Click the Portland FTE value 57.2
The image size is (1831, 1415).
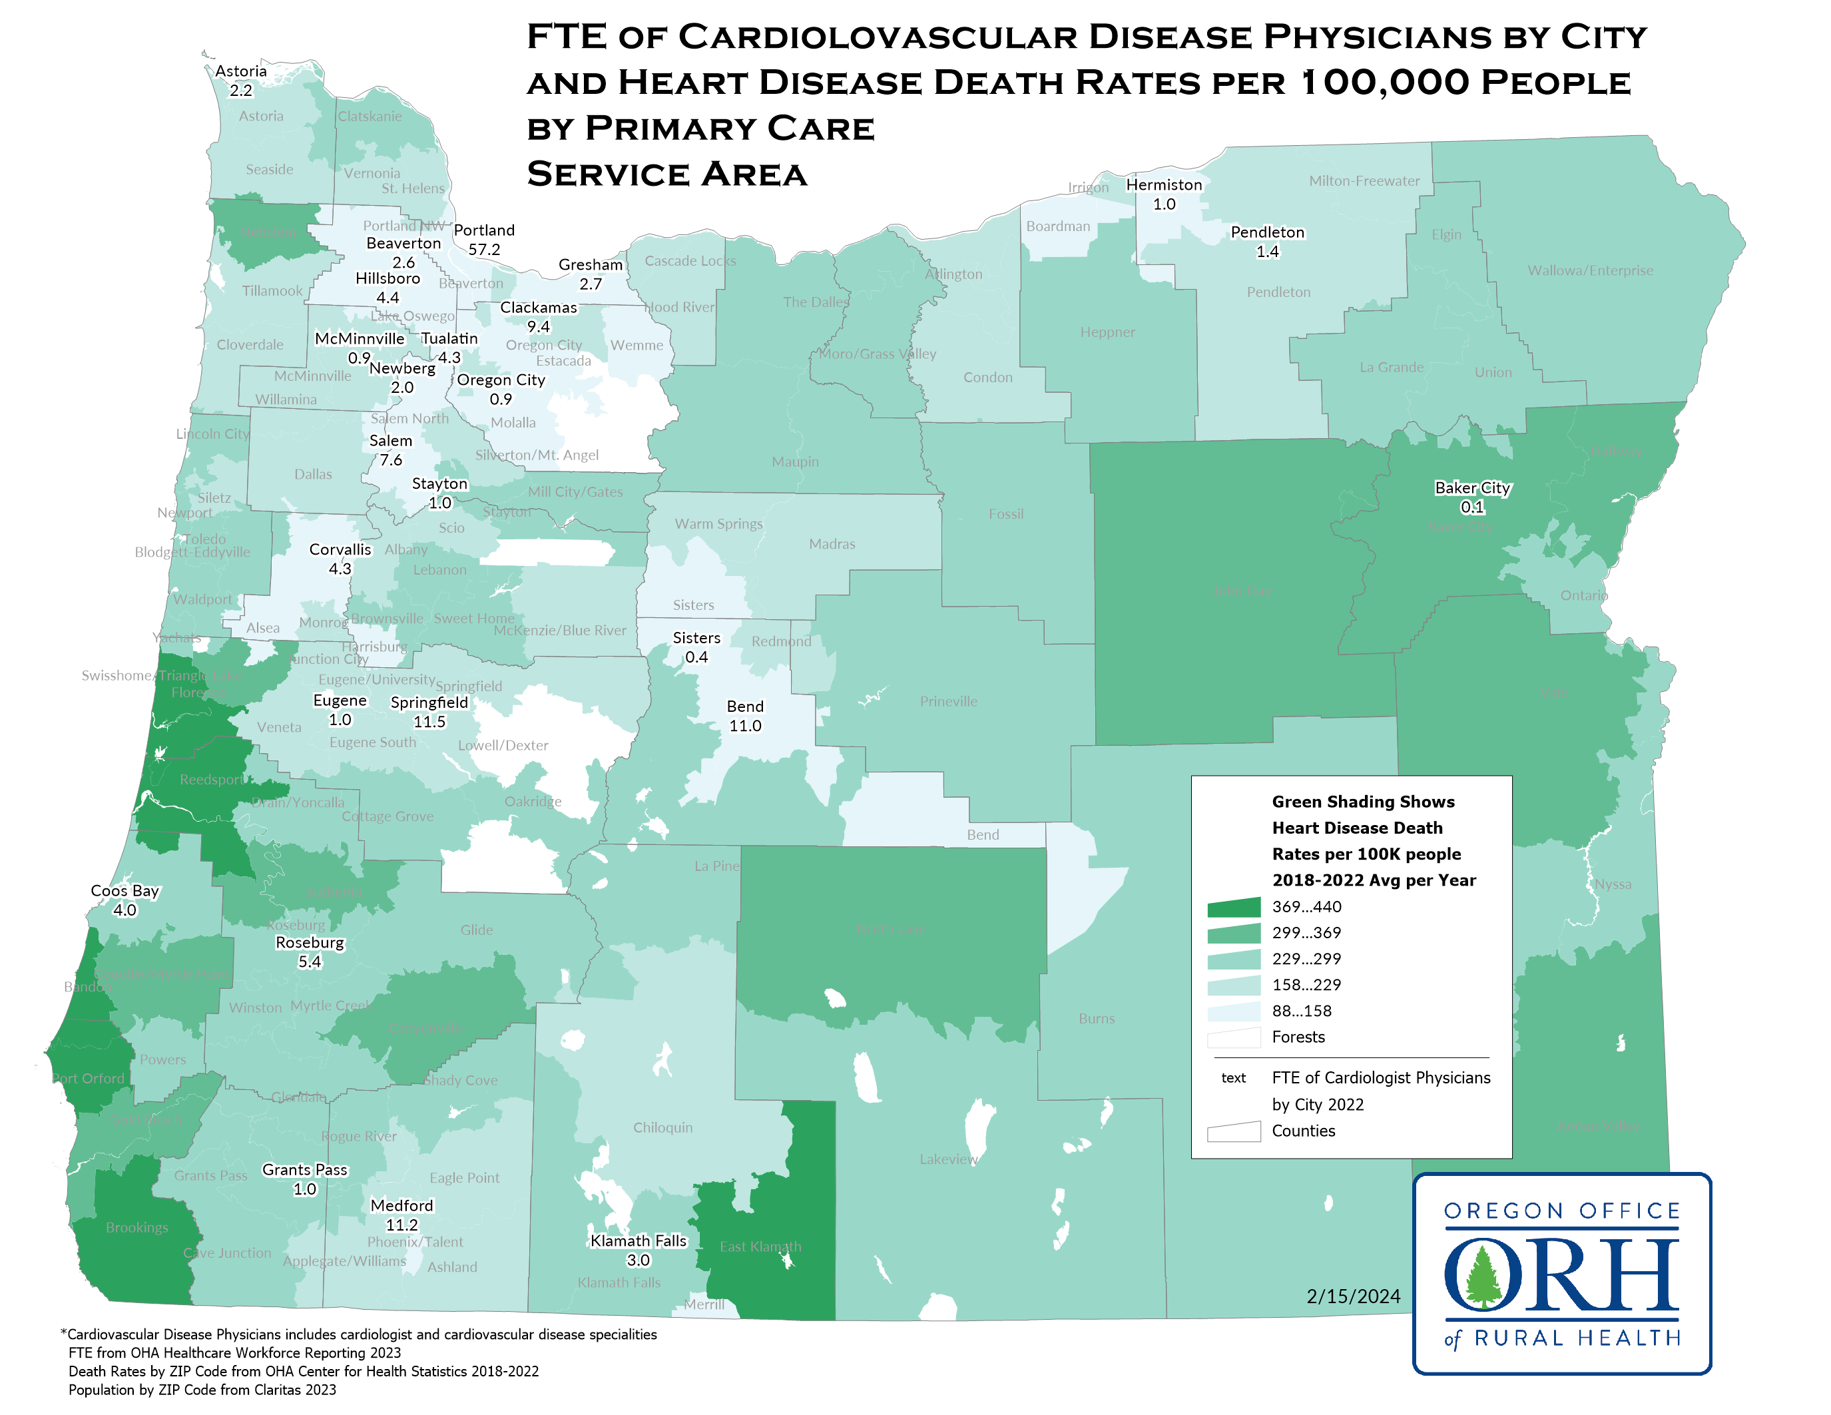click(x=484, y=250)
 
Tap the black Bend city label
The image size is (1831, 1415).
click(x=744, y=707)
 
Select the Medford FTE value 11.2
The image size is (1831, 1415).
click(x=401, y=1225)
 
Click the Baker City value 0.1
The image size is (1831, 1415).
click(x=1472, y=507)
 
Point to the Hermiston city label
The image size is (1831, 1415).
click(x=1164, y=184)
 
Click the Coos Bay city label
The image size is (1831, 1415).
click(x=125, y=890)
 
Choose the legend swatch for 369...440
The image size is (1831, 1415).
click(x=1233, y=907)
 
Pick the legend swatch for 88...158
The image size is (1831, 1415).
click(x=1233, y=1011)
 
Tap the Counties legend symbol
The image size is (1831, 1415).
click(x=1233, y=1131)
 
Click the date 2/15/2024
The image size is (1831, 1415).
click(x=1353, y=1296)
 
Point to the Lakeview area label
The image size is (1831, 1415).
click(x=948, y=1159)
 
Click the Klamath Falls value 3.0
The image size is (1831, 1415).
click(x=638, y=1260)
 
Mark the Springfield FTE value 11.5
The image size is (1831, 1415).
click(x=429, y=722)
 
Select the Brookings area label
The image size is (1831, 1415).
click(x=136, y=1227)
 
